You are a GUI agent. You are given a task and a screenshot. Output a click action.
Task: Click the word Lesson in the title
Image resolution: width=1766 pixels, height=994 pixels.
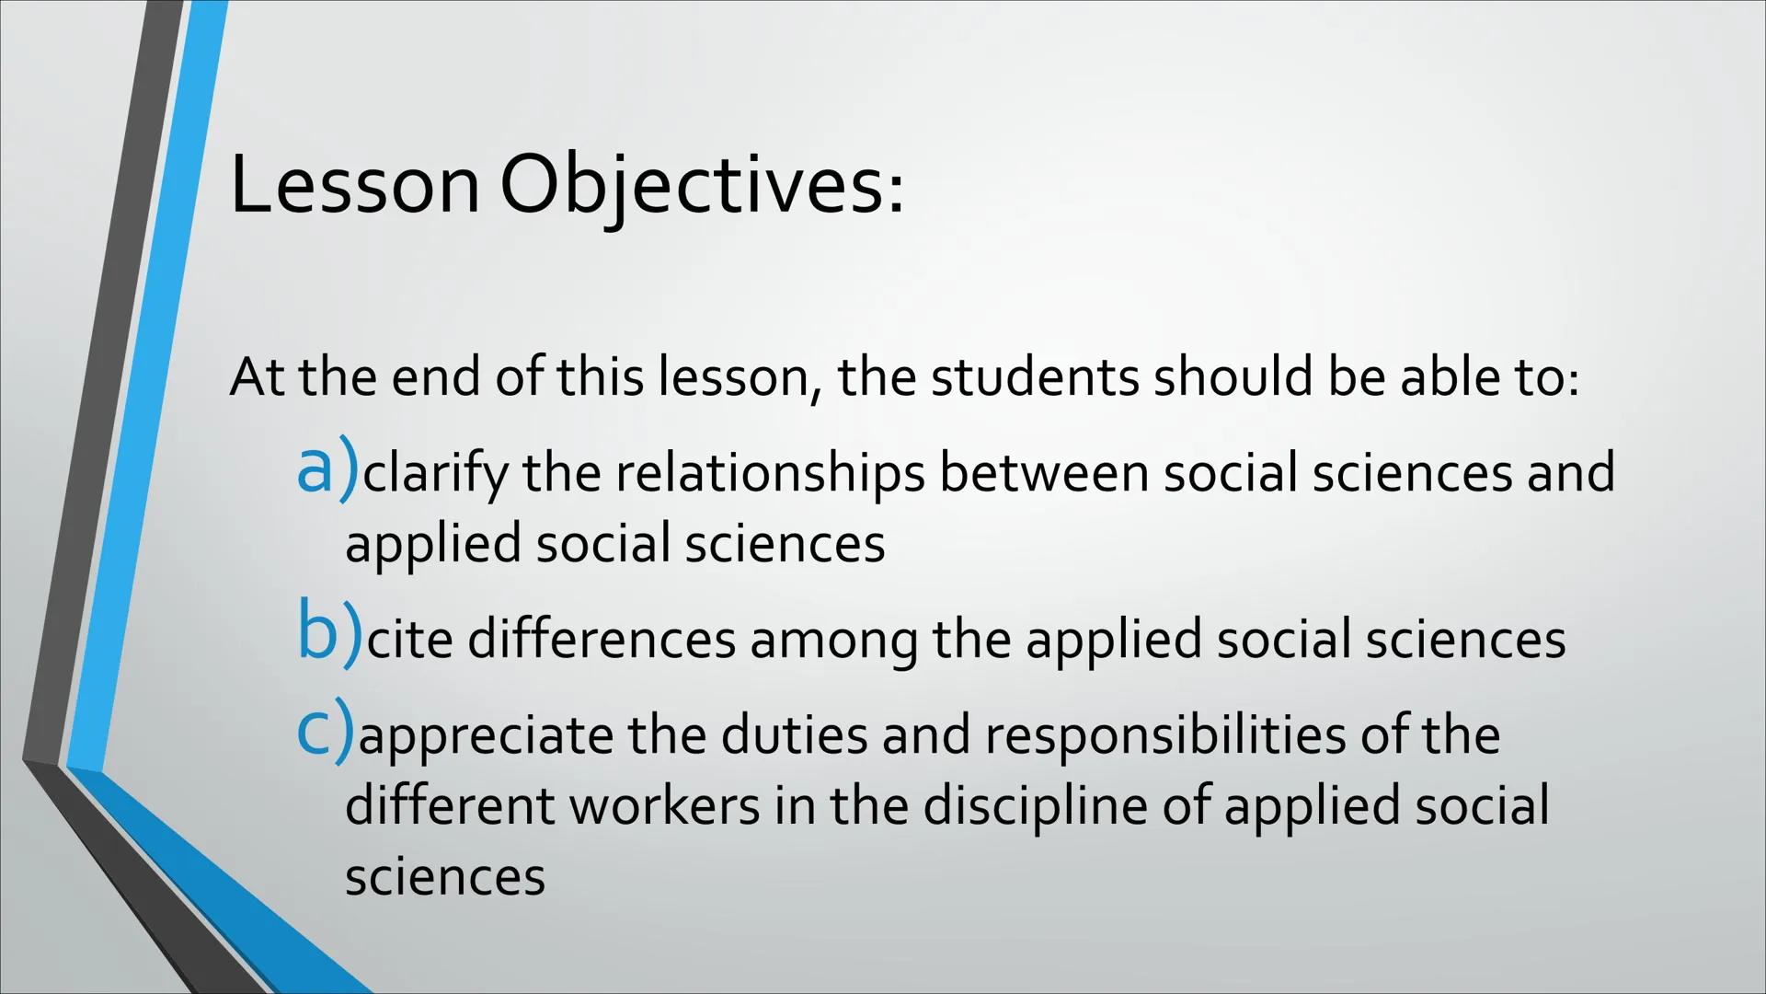(355, 185)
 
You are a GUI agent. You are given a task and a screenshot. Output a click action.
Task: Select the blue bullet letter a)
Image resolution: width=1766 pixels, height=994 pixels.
(327, 470)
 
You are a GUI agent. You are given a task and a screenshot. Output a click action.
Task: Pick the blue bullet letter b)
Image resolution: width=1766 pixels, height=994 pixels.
(329, 635)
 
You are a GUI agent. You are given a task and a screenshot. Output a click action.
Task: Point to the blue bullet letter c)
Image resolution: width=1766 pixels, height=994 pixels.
(325, 732)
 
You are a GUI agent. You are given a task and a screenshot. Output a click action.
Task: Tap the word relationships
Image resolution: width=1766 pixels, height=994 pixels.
(770, 474)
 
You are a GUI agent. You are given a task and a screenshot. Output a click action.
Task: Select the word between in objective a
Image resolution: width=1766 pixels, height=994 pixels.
(1043, 472)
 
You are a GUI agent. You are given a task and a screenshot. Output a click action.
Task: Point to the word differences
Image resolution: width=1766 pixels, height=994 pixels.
(602, 639)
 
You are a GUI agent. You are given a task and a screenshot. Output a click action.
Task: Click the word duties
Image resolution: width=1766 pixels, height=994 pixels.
(794, 734)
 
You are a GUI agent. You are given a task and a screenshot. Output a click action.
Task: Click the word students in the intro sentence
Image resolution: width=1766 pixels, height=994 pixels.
(1035, 377)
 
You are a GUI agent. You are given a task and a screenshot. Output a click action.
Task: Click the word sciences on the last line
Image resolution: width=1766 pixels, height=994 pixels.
(445, 877)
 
